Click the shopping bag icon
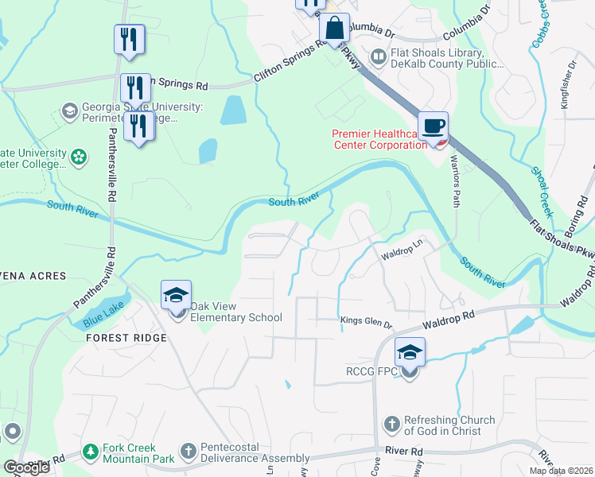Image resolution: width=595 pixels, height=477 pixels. click(x=336, y=28)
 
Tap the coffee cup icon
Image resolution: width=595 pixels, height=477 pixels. click(x=434, y=126)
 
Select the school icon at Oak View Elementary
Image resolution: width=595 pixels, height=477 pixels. click(x=176, y=296)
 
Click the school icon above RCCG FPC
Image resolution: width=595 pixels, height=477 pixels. click(x=410, y=352)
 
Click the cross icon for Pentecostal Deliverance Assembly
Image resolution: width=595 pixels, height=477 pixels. click(x=189, y=452)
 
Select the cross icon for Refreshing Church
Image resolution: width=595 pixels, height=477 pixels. click(x=391, y=425)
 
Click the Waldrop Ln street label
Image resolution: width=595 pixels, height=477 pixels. click(x=399, y=250)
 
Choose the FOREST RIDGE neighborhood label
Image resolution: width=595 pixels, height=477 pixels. click(x=127, y=338)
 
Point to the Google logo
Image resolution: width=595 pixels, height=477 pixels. click(x=26, y=467)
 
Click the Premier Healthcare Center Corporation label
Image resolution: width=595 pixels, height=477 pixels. click(x=378, y=139)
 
